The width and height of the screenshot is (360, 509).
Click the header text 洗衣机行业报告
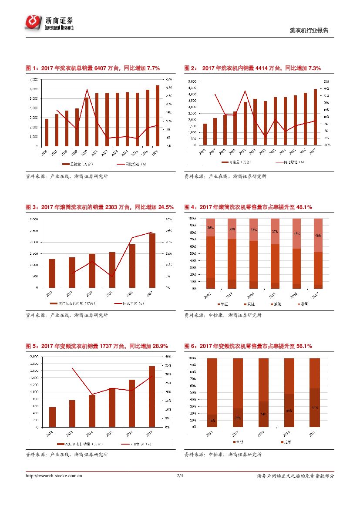pyautogui.click(x=309, y=30)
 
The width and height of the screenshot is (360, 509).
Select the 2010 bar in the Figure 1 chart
pyautogui.click(x=87, y=121)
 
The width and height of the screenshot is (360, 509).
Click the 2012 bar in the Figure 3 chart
pyautogui.click(x=52, y=273)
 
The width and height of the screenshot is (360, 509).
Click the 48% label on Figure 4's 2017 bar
pyautogui.click(x=318, y=236)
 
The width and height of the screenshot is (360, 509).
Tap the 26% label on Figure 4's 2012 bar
pyautogui.click(x=211, y=228)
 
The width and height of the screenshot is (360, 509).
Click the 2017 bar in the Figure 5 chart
pyautogui.click(x=151, y=396)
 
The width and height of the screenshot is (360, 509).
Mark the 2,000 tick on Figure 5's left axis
pyautogui.click(x=33, y=357)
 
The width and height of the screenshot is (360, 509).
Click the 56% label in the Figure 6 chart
pyautogui.click(x=315, y=408)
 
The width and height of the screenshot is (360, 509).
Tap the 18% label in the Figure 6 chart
pyautogui.click(x=212, y=421)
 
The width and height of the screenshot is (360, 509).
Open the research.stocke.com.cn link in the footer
pyautogui.click(x=54, y=476)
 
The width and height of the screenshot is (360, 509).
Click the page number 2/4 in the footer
pyautogui.click(x=180, y=476)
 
